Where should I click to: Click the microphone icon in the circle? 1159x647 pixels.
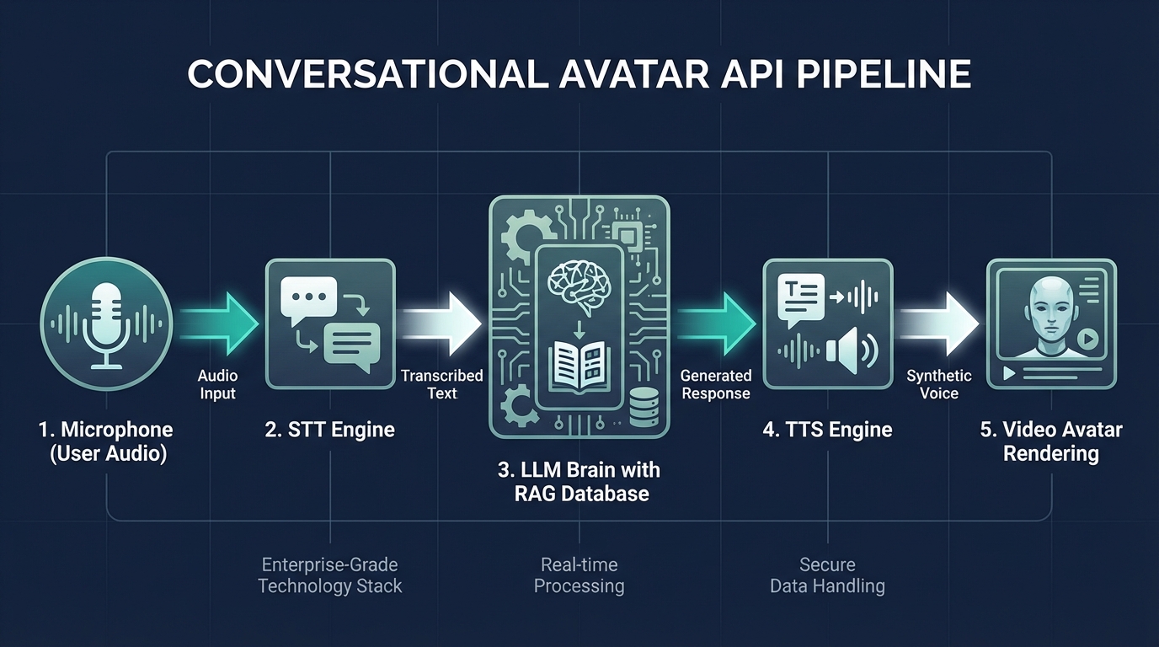pyautogui.click(x=106, y=323)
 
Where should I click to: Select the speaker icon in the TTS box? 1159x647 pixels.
pyautogui.click(x=852, y=351)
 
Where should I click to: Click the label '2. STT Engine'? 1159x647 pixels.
pyautogui.click(x=330, y=430)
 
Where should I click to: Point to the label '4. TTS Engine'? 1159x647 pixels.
pyautogui.click(x=827, y=430)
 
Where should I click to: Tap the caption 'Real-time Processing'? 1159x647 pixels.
pyautogui.click(x=579, y=575)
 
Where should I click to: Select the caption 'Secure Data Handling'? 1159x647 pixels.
pyautogui.click(x=827, y=575)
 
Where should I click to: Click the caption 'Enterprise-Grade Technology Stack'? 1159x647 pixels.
pyautogui.click(x=330, y=575)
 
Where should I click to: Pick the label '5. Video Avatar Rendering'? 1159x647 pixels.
pyautogui.click(x=1051, y=441)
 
